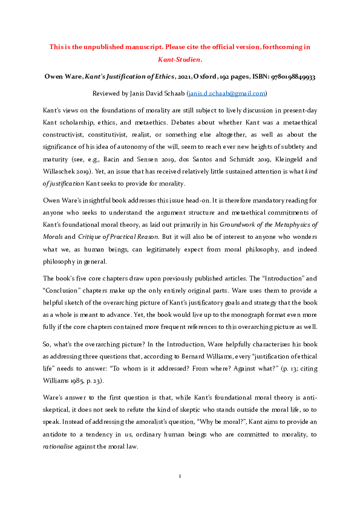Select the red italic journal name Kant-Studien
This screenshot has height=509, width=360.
[x=180, y=60]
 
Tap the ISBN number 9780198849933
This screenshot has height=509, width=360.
[x=288, y=77]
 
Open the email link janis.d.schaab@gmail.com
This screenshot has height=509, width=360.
[x=227, y=94]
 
